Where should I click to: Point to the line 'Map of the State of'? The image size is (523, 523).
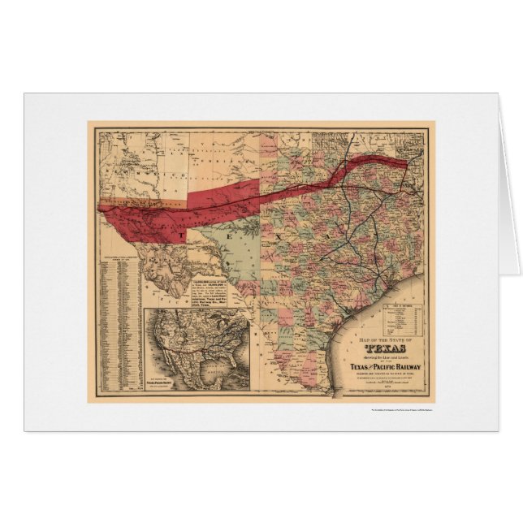point(378,322)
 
